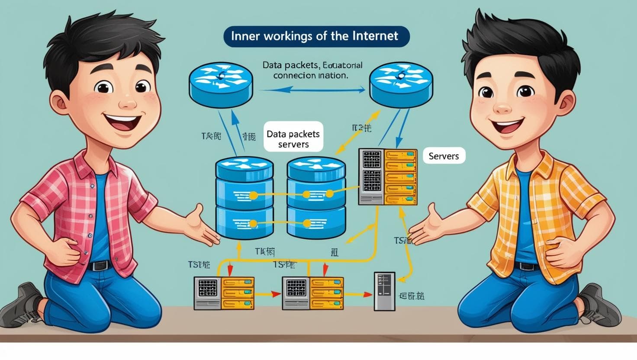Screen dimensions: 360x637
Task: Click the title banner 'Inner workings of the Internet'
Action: pos(316,36)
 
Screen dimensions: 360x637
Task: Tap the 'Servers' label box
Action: pos(444,156)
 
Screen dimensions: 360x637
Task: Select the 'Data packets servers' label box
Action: pos(293,139)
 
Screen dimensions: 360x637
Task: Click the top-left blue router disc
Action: pos(221,85)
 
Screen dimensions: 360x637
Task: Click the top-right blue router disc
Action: pos(401,84)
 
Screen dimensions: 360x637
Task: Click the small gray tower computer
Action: pos(384,291)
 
